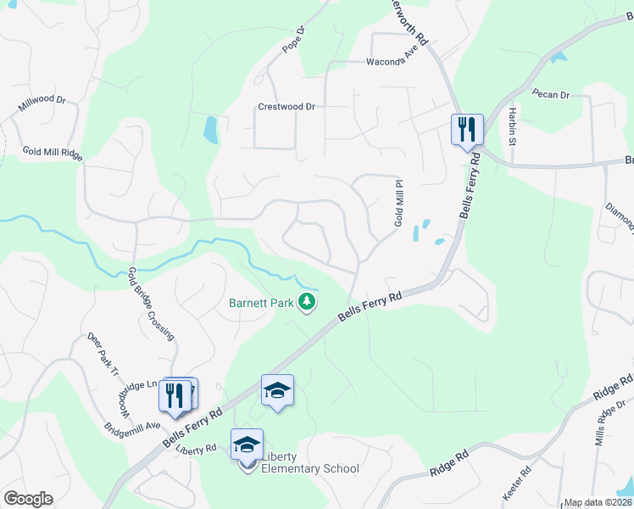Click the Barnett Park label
[x=260, y=302]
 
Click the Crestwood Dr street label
[x=286, y=107]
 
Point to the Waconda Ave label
[x=392, y=62]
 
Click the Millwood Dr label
[x=42, y=105]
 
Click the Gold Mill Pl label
[x=397, y=203]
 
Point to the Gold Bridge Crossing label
[x=151, y=303]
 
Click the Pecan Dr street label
[x=551, y=94]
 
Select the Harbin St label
[x=513, y=126]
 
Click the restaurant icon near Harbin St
[x=467, y=130]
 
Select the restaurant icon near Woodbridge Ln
[x=175, y=395]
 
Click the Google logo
[x=28, y=498]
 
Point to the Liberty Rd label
[x=197, y=448]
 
